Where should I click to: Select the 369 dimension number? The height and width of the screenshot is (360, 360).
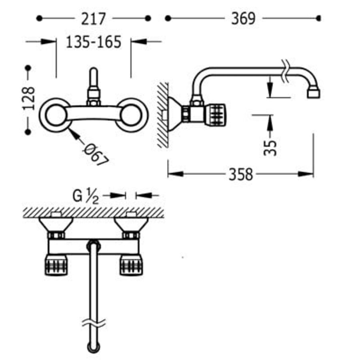click(x=243, y=19)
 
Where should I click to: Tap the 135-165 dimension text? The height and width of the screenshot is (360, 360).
click(x=94, y=42)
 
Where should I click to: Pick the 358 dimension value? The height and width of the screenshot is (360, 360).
click(x=241, y=174)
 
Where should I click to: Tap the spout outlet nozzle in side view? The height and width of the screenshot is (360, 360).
click(x=314, y=93)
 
